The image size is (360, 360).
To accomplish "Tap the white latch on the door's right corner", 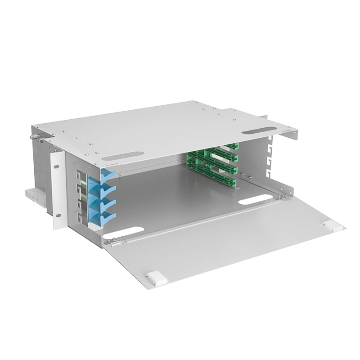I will pos(331,225).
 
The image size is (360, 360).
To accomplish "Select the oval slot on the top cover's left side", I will pos(123,156).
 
